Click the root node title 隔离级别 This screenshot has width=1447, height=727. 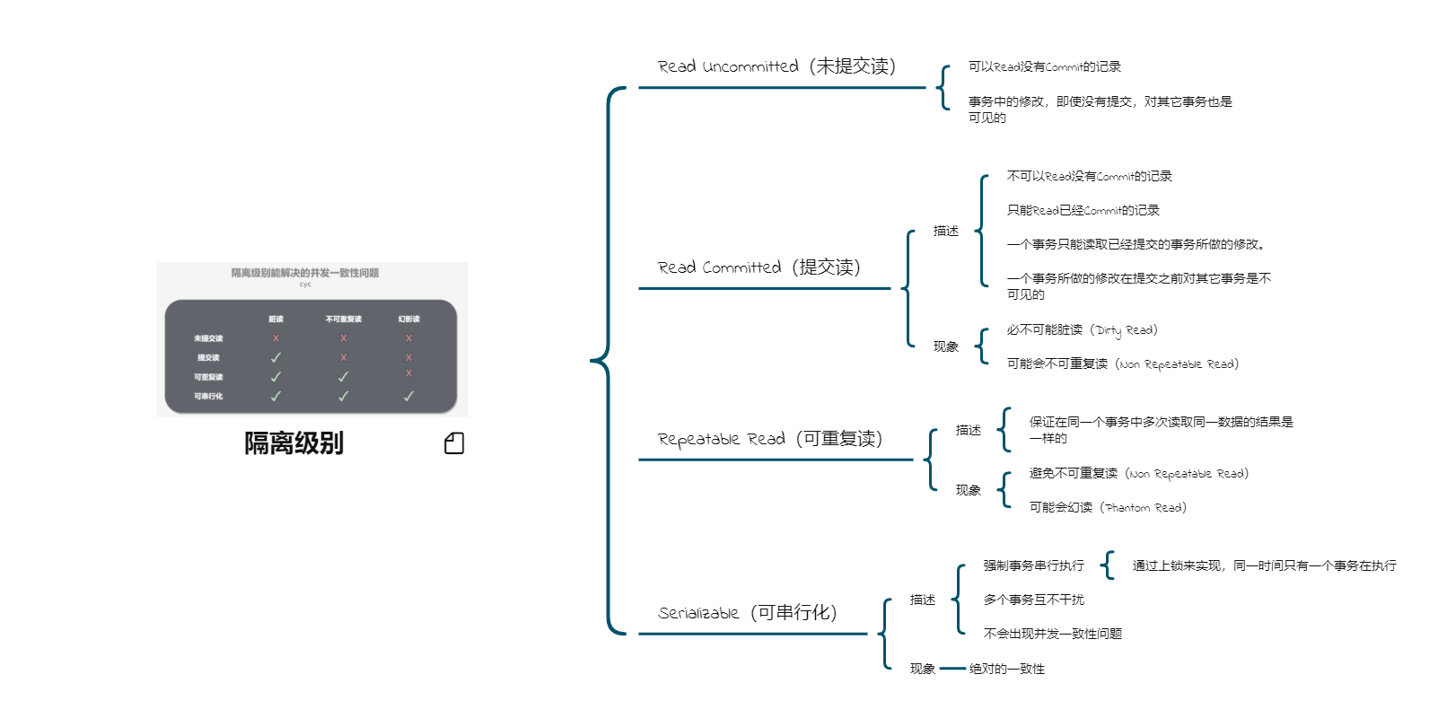[294, 443]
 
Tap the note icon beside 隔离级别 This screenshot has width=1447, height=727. [454, 443]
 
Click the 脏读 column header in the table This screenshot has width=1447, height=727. [276, 319]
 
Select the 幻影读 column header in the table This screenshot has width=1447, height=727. [408, 319]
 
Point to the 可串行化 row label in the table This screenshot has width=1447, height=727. [208, 396]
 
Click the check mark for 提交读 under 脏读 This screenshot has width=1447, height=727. [276, 357]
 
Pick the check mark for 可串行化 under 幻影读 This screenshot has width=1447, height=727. [408, 396]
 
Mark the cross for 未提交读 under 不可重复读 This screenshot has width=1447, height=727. [343, 338]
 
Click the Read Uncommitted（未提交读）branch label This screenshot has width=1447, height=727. [776, 66]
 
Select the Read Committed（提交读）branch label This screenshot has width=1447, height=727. [759, 267]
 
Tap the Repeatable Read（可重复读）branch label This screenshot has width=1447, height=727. [769, 439]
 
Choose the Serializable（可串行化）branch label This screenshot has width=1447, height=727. [747, 613]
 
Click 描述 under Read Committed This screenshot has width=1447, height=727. [946, 232]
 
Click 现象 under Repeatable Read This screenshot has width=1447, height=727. [969, 490]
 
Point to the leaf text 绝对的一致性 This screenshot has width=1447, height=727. [1007, 669]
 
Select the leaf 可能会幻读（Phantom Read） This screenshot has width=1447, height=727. [1108, 508]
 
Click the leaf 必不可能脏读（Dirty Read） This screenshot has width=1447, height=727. [1082, 330]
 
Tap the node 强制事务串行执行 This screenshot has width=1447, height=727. [1034, 565]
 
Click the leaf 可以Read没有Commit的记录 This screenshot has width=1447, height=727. [1045, 66]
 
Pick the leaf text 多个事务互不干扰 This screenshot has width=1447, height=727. [1034, 600]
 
